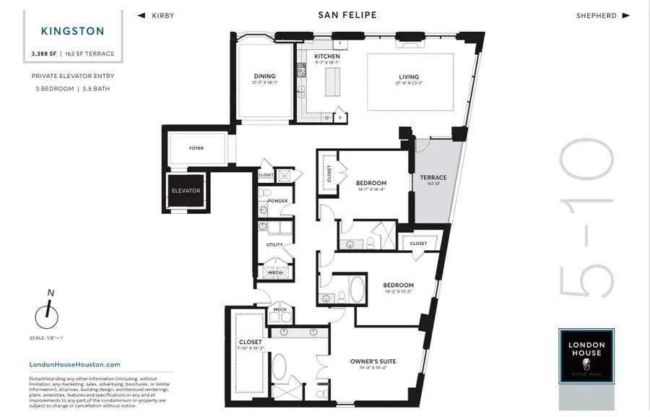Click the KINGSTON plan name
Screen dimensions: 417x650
72,31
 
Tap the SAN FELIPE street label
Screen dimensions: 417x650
347,15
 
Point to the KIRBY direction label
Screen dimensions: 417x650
162,15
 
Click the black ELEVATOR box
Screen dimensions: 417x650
186,191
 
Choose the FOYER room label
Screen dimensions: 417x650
196,148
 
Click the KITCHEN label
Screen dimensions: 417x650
327,56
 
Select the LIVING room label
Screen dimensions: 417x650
409,77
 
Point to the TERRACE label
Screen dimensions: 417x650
433,178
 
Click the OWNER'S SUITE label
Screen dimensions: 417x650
373,361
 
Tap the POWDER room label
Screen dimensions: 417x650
277,201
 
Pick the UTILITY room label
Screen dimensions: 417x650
274,245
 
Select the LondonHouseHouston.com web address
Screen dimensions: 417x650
74,365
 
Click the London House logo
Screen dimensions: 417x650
586,356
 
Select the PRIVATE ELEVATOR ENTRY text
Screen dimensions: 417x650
72,76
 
